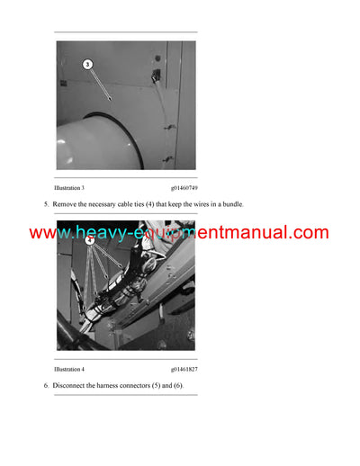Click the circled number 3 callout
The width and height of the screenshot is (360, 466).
pyautogui.click(x=87, y=65)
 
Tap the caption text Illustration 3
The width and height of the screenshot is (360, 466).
pyautogui.click(x=69, y=187)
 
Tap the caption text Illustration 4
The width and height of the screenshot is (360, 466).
pyautogui.click(x=69, y=369)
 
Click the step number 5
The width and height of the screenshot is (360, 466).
pyautogui.click(x=46, y=204)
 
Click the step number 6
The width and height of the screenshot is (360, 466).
pyautogui.click(x=46, y=385)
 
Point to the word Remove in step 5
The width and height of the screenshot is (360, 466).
pyautogui.click(x=65, y=204)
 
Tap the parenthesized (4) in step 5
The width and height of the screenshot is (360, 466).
pyautogui.click(x=157, y=204)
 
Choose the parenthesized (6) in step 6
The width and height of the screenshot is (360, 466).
pyautogui.click(x=178, y=385)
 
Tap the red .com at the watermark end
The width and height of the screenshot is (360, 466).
pyautogui.click(x=308, y=233)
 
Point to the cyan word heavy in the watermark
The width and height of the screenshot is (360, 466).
pyautogui.click(x=101, y=233)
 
